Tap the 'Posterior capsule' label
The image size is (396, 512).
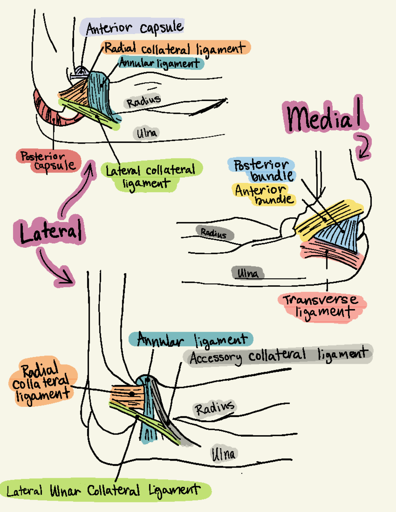click(48, 161)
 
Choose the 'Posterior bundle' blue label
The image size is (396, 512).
click(262, 170)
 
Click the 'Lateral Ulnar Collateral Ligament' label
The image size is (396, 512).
click(104, 490)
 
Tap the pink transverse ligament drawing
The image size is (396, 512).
click(330, 254)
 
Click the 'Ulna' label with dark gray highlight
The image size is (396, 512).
click(247, 273)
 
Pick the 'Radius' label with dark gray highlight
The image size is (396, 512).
click(214, 233)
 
